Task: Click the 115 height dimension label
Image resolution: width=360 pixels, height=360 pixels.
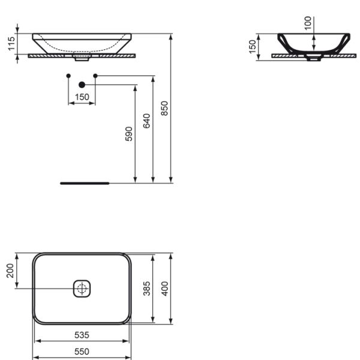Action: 11,44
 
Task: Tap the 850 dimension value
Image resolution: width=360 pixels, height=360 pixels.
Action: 164,109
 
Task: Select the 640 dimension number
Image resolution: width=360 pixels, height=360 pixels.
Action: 146,121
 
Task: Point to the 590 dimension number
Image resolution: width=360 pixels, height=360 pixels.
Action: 129,134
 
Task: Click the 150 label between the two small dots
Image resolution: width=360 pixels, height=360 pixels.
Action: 82,97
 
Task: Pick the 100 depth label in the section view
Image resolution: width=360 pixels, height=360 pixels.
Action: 308,23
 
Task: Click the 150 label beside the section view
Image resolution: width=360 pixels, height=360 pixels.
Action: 253,47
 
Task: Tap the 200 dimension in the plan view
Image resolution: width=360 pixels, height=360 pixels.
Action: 10,271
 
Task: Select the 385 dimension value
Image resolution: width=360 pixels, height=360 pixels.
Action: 146,289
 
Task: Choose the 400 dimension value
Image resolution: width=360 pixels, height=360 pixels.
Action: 164,289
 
